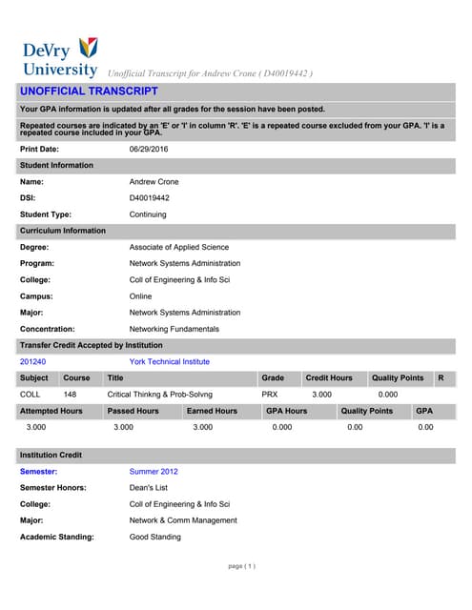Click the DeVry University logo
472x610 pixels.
59,57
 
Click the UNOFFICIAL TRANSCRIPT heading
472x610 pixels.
89,91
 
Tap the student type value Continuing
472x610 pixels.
150,214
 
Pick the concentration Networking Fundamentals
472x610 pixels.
174,329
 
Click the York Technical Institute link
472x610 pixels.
167,362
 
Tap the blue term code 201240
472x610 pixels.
32,362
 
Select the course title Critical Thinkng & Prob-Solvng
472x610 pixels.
159,394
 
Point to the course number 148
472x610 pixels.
71,394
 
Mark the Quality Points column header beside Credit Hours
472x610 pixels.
398,378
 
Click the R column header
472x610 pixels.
441,378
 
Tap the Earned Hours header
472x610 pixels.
212,411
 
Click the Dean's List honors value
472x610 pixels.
150,487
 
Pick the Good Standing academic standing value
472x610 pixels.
154,537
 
